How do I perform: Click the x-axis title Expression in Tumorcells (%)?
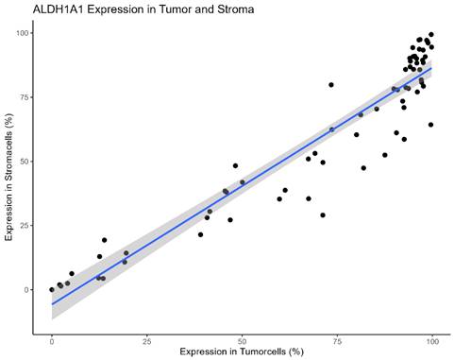pyautogui.click(x=243, y=351)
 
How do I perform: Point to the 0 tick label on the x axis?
pyautogui.click(x=52, y=337)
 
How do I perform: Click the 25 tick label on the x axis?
pyautogui.click(x=147, y=337)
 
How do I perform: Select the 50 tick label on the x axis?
pyautogui.click(x=243, y=337)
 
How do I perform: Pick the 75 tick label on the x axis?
pyautogui.click(x=337, y=337)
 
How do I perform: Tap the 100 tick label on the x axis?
pyautogui.click(x=432, y=337)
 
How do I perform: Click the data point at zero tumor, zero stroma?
pyautogui.click(x=52, y=290)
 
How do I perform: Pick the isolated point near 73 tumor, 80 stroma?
pyautogui.click(x=331, y=85)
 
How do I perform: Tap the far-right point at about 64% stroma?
pyautogui.click(x=430, y=125)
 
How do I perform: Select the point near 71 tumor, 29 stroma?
pyautogui.click(x=323, y=215)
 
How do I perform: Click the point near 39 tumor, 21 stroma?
pyautogui.click(x=200, y=234)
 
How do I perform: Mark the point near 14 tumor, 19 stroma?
pyautogui.click(x=105, y=240)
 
